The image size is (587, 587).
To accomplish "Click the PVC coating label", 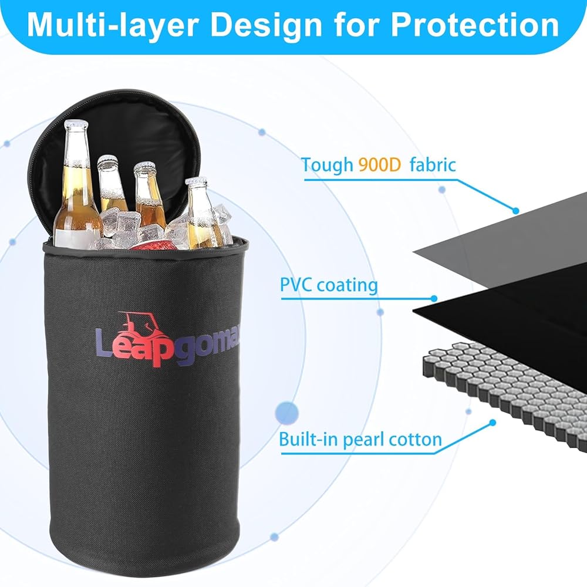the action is (329, 286).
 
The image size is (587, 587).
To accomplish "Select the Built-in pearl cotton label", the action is (360, 439).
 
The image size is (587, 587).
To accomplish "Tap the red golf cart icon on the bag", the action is (139, 325).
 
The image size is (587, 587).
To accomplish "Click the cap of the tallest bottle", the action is (76, 124).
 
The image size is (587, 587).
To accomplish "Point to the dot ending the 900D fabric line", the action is (516, 210).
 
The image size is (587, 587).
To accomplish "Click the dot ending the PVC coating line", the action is (434, 299).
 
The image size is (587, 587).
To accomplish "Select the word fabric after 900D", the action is (433, 165).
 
